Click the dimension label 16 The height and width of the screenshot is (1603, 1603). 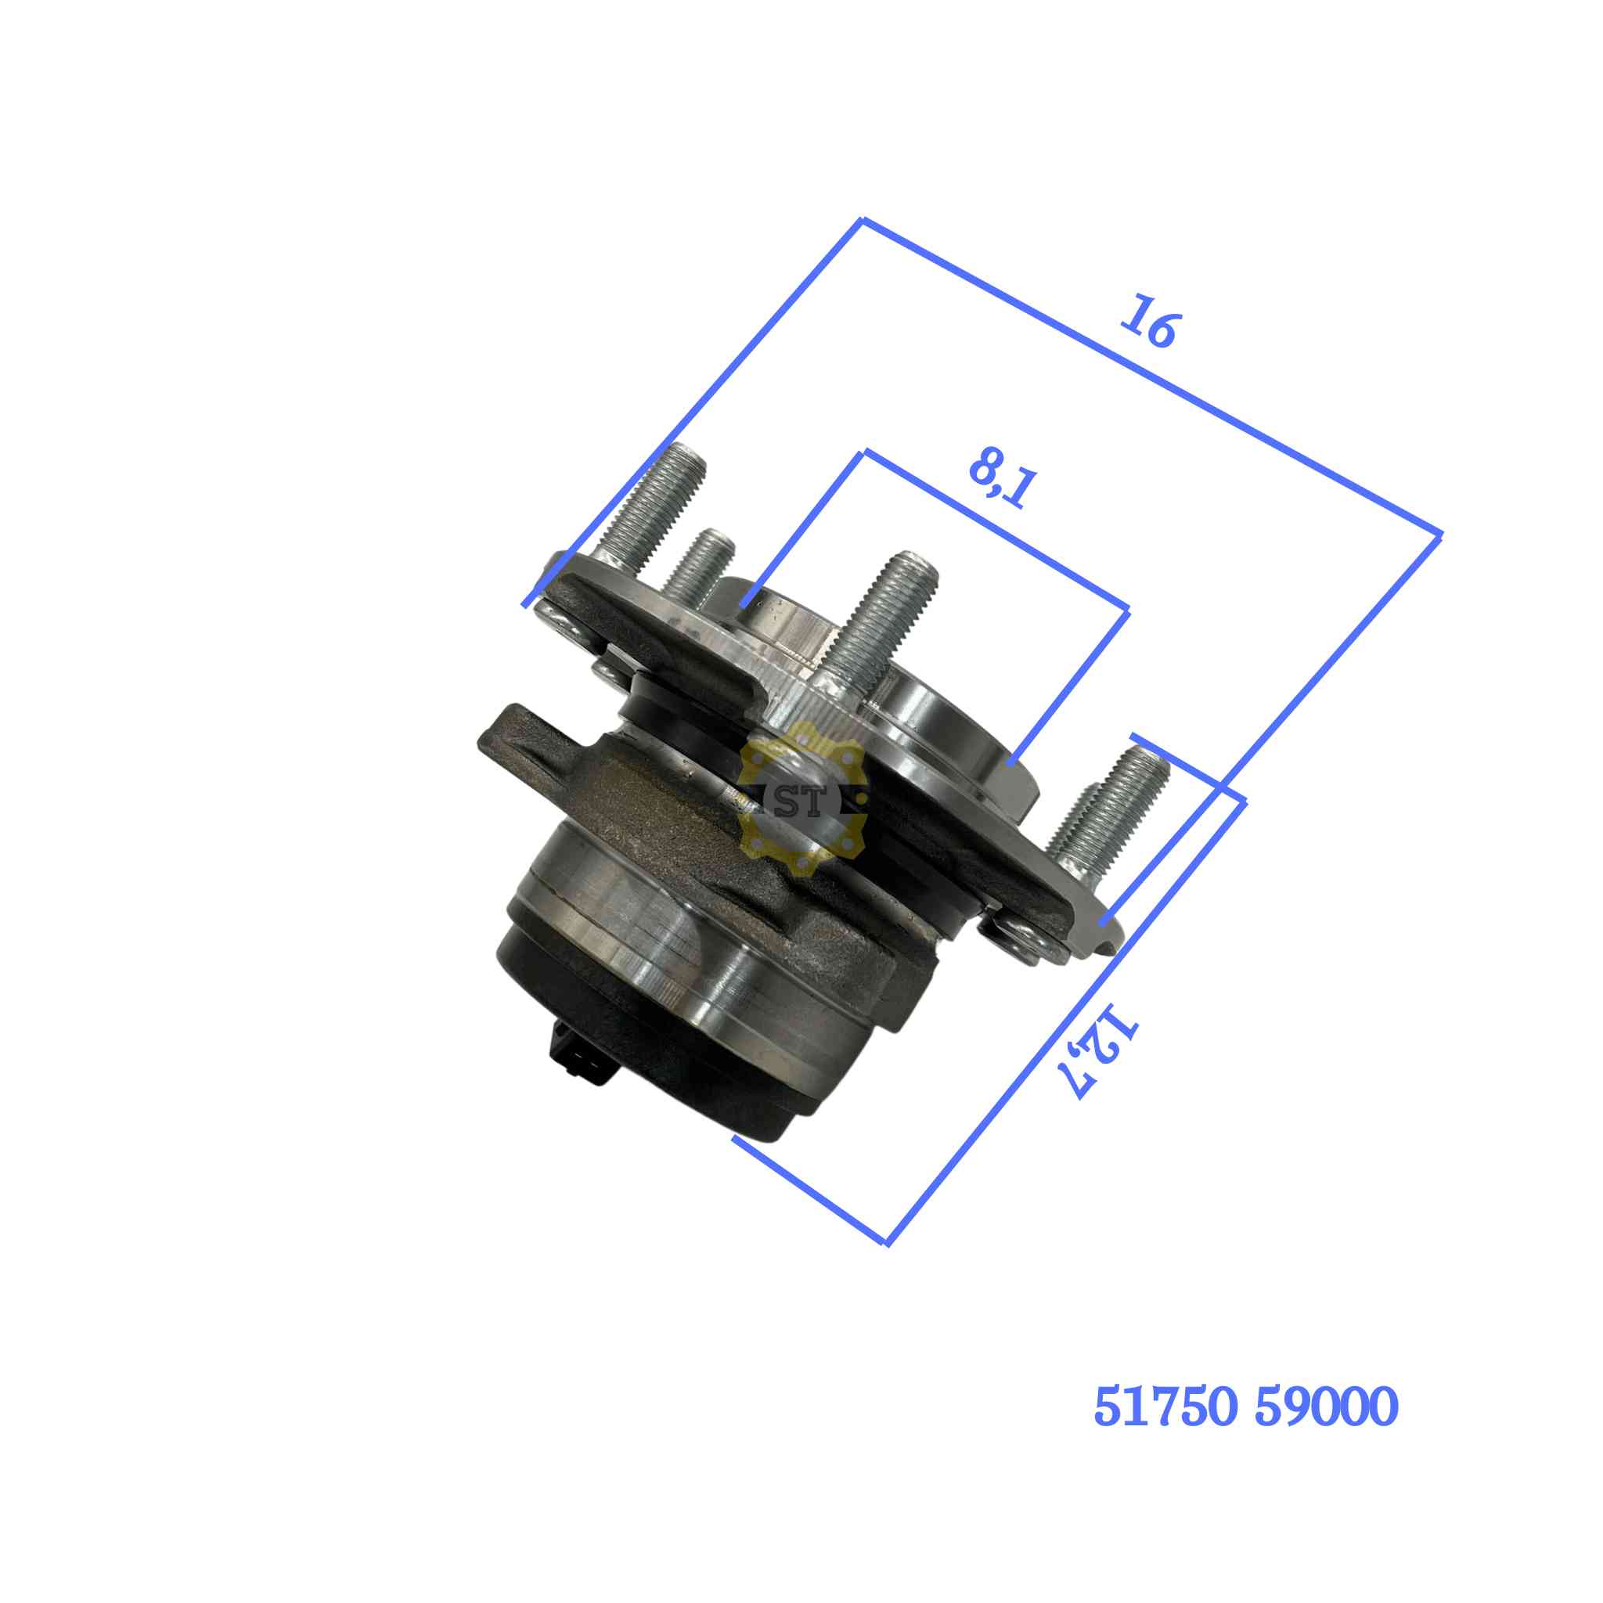coord(1149,321)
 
